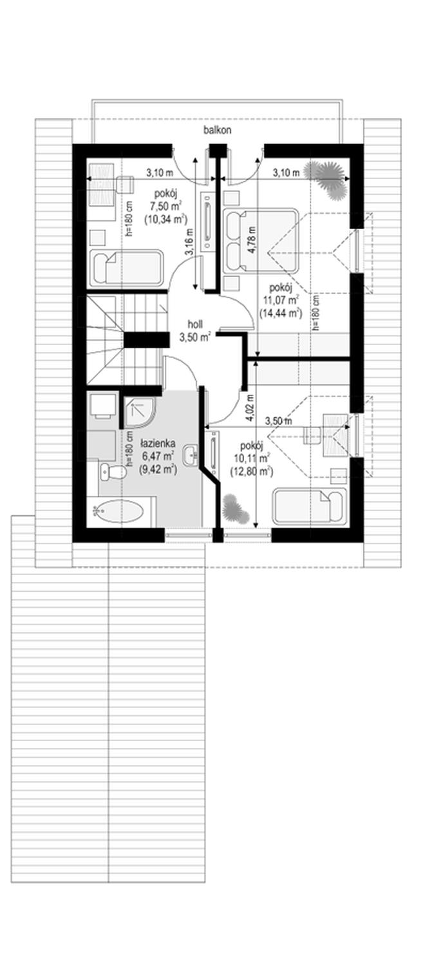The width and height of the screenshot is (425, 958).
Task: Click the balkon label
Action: (217, 131)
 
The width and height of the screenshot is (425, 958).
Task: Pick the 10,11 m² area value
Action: (251, 458)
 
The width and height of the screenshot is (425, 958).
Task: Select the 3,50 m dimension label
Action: (278, 420)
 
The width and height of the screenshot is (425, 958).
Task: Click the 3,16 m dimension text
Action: (189, 242)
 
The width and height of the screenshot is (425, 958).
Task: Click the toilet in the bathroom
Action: (113, 472)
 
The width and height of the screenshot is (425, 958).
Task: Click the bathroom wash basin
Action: (191, 454)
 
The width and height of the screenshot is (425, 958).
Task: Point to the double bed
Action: (260, 240)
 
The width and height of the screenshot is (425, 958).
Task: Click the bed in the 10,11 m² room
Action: (308, 505)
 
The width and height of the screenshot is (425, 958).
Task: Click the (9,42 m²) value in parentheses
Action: (158, 469)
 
